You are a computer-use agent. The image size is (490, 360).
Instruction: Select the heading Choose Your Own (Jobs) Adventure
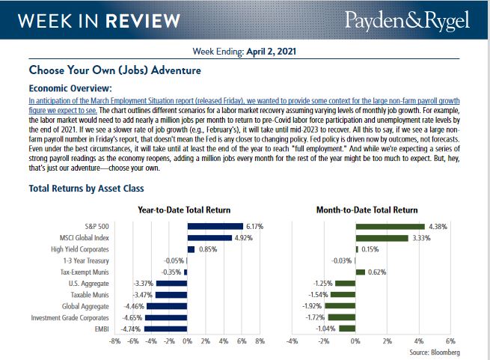point(114,71)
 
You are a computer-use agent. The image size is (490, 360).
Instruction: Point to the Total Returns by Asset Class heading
point(86,189)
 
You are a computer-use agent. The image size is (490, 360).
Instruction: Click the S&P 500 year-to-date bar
point(215,226)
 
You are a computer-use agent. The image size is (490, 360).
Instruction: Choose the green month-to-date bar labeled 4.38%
point(390,226)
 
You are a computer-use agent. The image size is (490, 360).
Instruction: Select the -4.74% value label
point(132,328)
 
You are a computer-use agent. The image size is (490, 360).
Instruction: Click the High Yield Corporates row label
point(79,248)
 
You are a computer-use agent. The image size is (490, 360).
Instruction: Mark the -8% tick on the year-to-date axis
point(114,341)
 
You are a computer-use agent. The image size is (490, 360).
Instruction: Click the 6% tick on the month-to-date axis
point(450,341)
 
